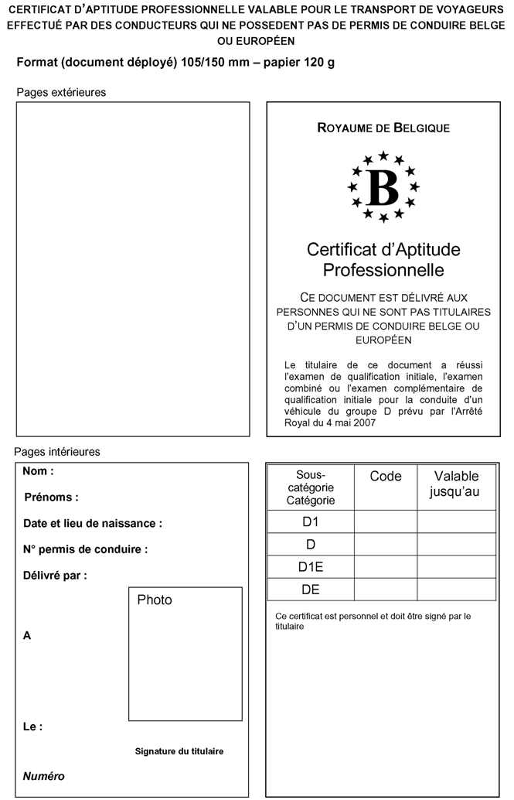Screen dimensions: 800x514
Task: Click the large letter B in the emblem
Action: click(383, 186)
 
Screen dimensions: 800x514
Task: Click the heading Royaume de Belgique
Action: click(383, 128)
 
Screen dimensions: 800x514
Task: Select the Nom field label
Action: click(38, 470)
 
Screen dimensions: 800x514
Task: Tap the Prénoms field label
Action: click(52, 497)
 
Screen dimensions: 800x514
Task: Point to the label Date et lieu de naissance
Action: click(93, 523)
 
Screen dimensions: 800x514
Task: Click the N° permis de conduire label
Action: click(85, 549)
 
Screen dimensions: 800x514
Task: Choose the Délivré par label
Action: click(55, 576)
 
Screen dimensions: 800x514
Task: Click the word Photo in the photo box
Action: click(155, 600)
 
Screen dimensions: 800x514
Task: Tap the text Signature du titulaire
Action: click(179, 750)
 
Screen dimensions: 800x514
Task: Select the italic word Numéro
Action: click(43, 776)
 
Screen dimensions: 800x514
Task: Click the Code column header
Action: click(386, 477)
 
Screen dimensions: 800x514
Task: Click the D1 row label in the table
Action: click(311, 521)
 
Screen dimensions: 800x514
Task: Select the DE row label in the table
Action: click(311, 590)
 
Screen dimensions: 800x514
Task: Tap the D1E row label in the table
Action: click(311, 567)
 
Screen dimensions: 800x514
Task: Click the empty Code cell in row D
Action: click(386, 544)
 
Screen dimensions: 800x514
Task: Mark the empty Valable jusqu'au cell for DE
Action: click(456, 590)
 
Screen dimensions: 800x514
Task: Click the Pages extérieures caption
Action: click(61, 92)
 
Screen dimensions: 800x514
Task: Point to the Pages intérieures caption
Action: click(57, 451)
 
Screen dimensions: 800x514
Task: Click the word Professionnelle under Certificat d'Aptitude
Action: click(383, 270)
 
